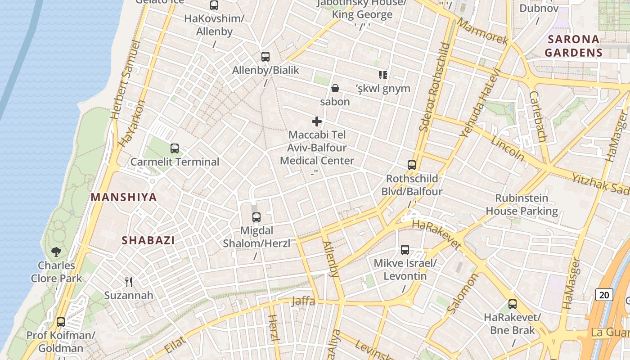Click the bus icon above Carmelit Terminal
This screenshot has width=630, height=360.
coord(175,148)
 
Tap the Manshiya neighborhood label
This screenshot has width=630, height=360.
coord(124,197)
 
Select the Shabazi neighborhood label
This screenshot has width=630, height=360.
coord(148,240)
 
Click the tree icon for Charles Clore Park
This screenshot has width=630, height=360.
coord(56,252)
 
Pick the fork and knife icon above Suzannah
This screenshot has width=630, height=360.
coord(129,282)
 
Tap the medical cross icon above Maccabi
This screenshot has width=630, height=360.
coord(317,121)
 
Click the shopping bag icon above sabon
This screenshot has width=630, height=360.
coord(335,88)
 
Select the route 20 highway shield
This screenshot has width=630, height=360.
coord(604,295)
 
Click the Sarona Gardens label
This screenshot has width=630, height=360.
coord(573,46)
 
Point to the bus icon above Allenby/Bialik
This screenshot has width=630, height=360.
coord(265,57)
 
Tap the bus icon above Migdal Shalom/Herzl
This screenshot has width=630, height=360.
coord(256,217)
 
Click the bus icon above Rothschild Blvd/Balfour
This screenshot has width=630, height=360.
coord(412,165)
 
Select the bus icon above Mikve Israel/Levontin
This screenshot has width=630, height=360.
coord(405,250)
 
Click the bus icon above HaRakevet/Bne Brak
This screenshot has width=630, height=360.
coord(513,304)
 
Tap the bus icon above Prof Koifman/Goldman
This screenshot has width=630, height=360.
coord(61,322)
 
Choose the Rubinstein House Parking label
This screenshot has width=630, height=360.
coord(522,204)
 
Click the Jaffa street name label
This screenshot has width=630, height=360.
coord(303,301)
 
